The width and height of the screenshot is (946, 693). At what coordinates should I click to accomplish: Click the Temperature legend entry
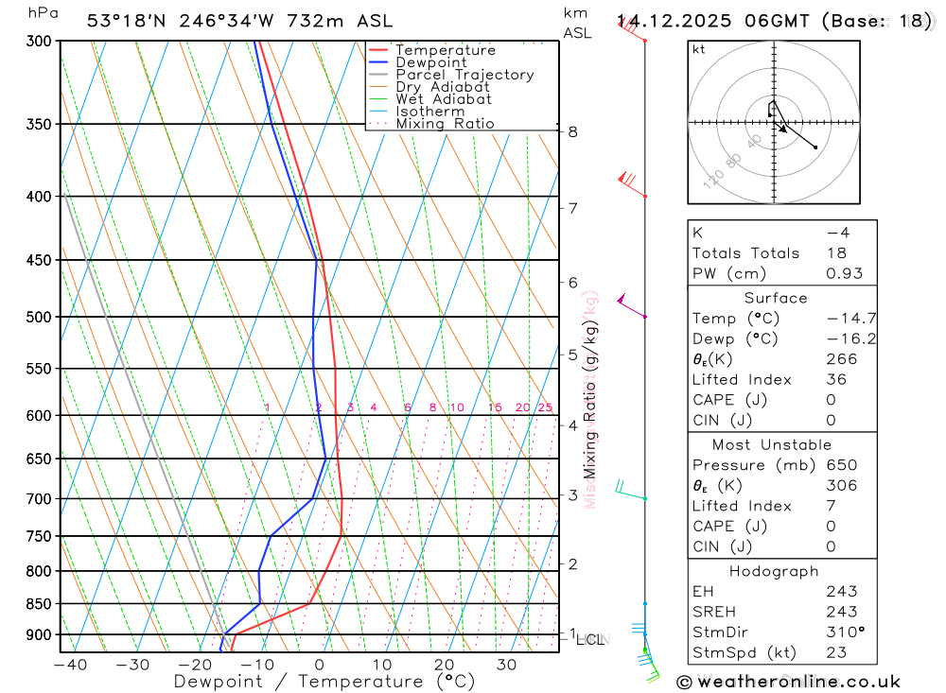tap(445, 50)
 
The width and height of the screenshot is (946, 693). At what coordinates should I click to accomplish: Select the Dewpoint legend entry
tap(431, 62)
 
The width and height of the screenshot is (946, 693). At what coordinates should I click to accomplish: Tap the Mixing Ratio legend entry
tap(445, 123)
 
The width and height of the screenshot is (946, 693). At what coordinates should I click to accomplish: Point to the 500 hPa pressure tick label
tap(39, 317)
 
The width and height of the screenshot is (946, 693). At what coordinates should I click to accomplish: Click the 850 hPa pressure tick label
tap(39, 603)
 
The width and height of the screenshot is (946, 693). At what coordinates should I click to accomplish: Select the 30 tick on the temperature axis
tap(506, 665)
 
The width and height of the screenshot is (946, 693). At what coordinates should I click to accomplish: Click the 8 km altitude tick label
tap(573, 131)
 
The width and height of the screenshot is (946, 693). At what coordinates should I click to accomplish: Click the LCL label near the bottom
tap(590, 640)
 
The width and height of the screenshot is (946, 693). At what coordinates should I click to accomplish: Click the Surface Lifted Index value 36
tap(834, 379)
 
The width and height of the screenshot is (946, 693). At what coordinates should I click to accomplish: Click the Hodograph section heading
tap(775, 571)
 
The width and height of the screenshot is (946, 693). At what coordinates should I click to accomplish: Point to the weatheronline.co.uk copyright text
tap(788, 681)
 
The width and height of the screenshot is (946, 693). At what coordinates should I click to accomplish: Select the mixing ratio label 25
tap(545, 407)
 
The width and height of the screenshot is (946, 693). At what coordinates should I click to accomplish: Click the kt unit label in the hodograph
tap(699, 49)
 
